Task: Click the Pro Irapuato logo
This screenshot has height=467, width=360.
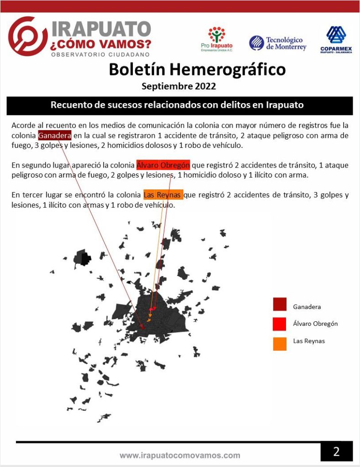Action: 216,39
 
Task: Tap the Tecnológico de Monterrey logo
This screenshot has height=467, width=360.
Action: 277,43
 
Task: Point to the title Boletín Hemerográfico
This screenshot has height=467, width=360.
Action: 197,70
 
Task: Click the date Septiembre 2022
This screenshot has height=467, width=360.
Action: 178,86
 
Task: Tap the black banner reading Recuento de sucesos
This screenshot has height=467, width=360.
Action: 179,105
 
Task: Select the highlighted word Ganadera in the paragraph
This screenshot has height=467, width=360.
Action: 54,136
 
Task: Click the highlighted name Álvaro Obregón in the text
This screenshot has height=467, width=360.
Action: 163,165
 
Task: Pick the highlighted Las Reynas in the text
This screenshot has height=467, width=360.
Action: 162,195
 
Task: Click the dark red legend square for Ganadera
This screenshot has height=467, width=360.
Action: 280,304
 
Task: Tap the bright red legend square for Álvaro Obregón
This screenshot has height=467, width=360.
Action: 280,324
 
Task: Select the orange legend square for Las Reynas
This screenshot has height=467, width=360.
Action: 280,343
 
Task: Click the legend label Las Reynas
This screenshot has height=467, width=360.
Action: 309,341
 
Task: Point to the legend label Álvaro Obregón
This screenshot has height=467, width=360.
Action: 315,324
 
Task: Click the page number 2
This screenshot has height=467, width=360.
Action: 336,451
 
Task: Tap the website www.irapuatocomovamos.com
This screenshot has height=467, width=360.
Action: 180,455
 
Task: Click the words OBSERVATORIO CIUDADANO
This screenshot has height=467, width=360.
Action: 100,54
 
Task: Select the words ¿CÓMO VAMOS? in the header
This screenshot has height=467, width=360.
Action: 101,44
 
